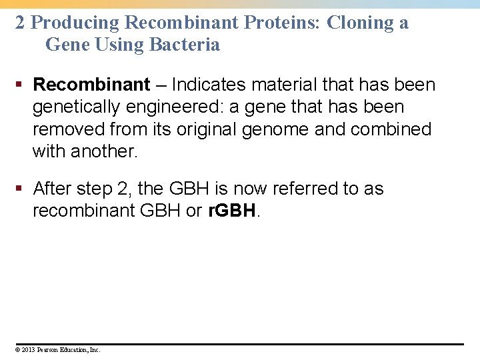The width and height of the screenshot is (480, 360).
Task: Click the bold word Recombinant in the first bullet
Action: pos(91,85)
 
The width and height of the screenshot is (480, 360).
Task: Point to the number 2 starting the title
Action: pos(20,23)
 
